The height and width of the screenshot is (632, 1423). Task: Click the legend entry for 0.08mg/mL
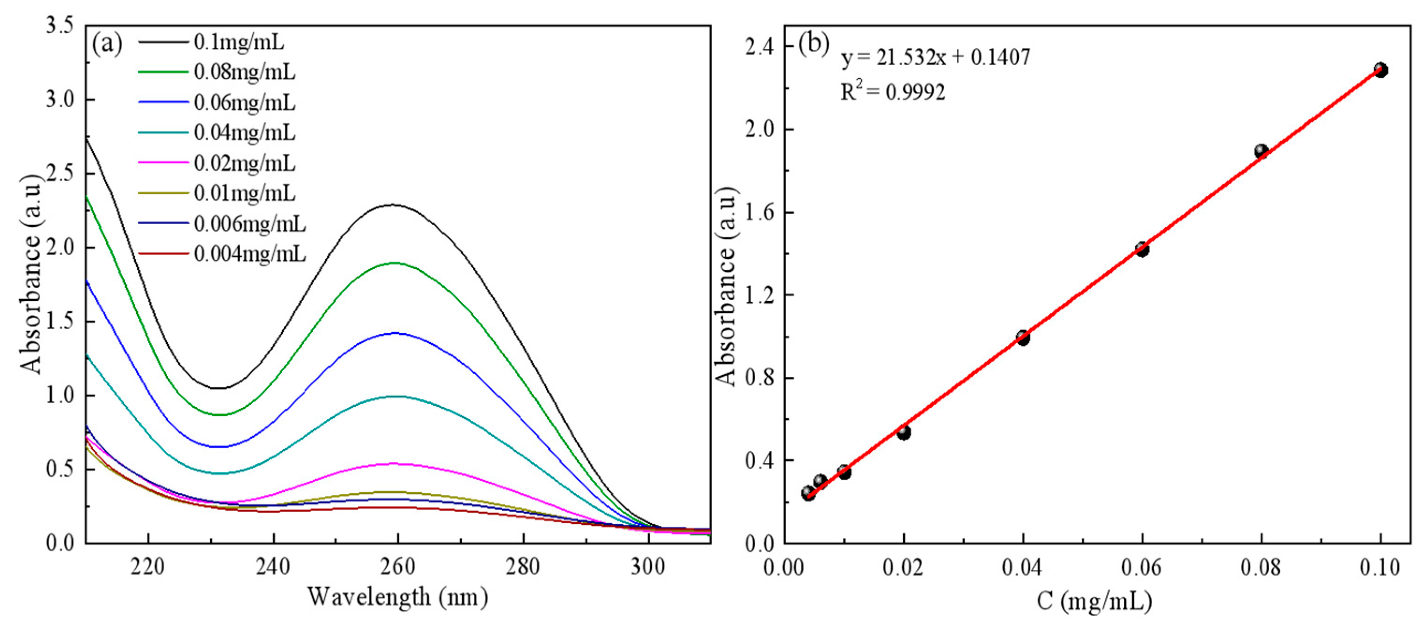[245, 73]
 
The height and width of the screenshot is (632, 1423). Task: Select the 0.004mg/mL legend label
[249, 254]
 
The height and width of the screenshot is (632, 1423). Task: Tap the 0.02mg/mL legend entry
[245, 163]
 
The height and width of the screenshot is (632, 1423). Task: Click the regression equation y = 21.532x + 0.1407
[935, 58]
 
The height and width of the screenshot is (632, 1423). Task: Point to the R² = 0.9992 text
[893, 92]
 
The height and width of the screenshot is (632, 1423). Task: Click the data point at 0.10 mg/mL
[1380, 70]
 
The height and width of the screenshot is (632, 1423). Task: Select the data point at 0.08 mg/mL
[1261, 151]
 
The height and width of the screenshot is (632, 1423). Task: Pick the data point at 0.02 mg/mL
[904, 433]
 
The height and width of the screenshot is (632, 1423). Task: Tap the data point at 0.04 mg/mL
[1023, 338]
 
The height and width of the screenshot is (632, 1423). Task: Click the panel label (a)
[107, 44]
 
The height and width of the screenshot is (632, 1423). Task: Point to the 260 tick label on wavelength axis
[398, 567]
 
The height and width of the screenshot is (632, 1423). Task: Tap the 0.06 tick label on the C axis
[1142, 567]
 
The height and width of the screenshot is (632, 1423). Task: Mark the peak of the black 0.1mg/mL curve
[393, 205]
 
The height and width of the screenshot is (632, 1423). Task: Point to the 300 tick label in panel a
[648, 567]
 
